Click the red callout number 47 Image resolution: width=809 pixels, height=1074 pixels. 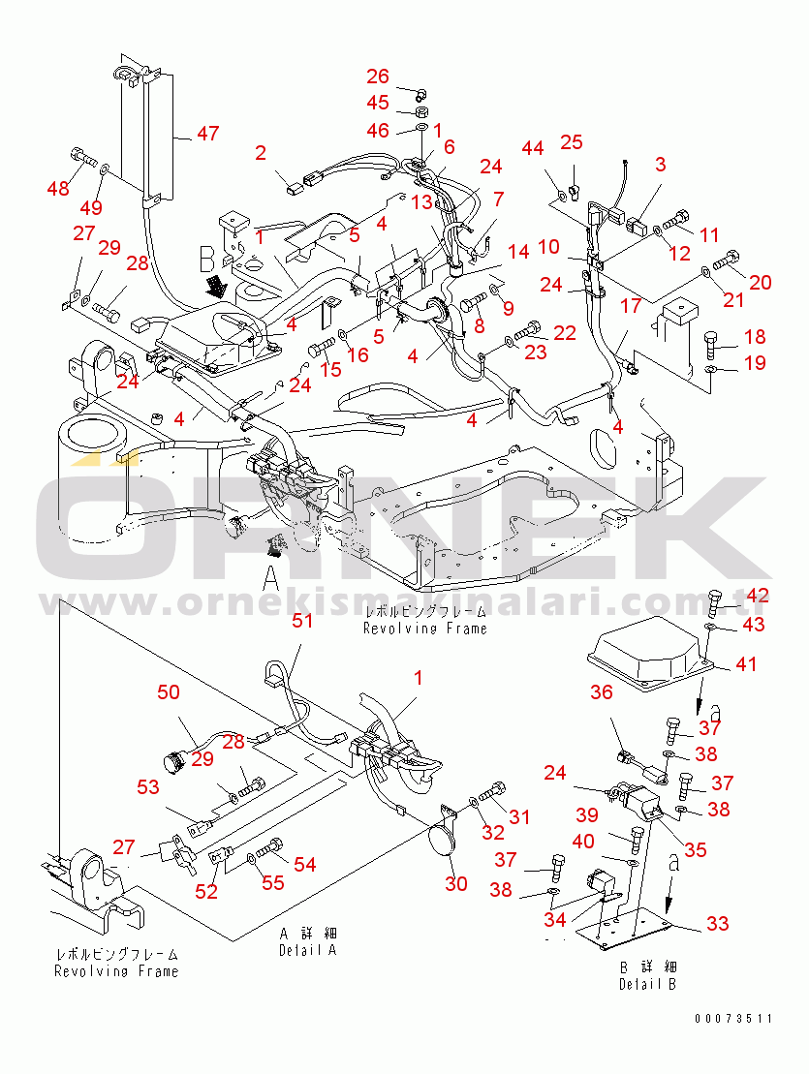point(207,134)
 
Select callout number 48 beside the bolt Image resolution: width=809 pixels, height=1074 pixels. point(59,188)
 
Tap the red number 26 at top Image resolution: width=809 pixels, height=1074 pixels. point(377,77)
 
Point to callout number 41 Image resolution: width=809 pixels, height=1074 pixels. point(746,664)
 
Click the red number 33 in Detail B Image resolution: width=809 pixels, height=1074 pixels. point(717,924)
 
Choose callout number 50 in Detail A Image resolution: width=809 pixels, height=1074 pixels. point(170,691)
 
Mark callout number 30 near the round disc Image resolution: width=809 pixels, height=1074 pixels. point(455,883)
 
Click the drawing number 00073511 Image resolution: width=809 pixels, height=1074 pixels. point(733,1019)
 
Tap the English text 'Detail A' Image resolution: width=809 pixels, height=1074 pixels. point(306,950)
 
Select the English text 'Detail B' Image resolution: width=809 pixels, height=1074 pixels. point(648,984)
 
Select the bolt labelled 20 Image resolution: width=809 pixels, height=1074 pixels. point(730,260)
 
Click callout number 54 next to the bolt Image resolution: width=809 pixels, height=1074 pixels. point(304,864)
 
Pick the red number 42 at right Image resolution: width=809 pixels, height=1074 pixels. point(757,595)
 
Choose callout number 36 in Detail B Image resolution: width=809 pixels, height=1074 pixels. point(602,691)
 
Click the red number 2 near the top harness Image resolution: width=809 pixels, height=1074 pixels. point(261,152)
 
